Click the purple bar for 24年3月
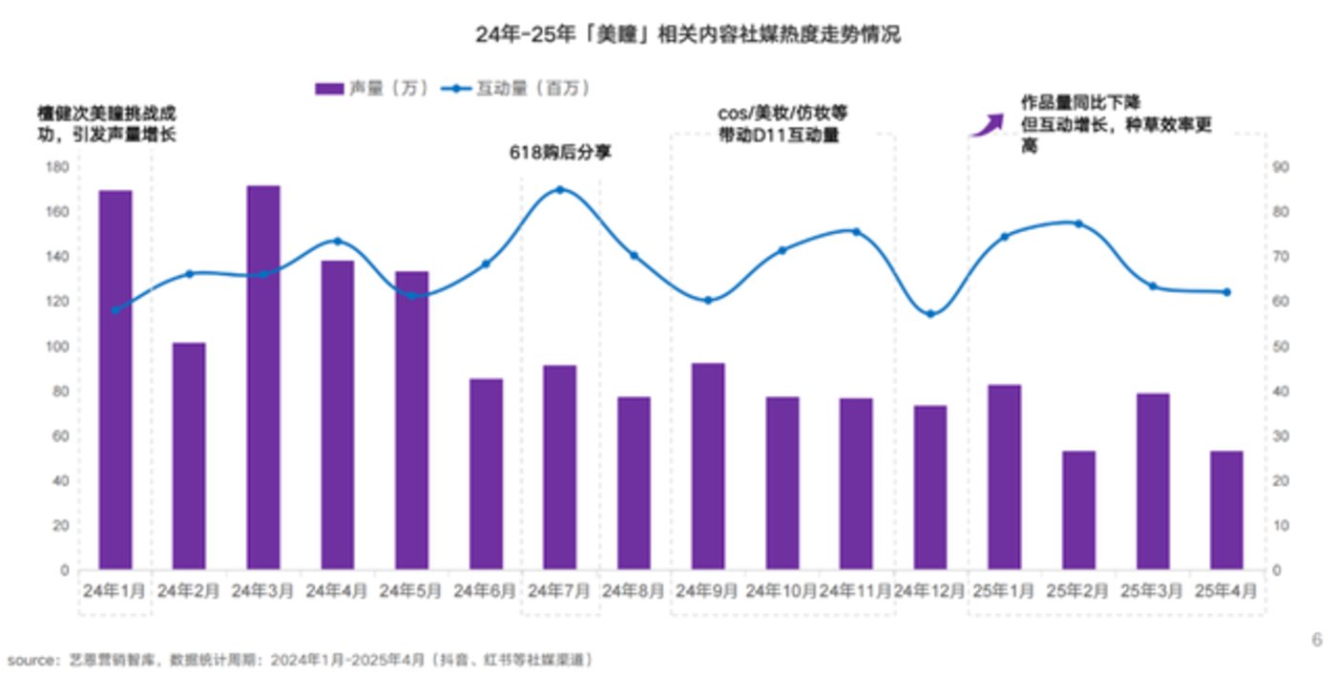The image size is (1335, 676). tap(263, 377)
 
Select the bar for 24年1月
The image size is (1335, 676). tap(115, 380)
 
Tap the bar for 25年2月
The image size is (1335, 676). tap(1078, 511)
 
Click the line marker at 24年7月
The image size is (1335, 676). tap(559, 189)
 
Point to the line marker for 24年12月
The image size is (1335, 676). tap(930, 314)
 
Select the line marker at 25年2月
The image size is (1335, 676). tap(1078, 223)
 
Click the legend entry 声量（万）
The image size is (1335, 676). tap(372, 88)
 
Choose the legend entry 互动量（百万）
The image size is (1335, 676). tap(516, 88)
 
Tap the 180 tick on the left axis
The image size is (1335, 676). tap(57, 167)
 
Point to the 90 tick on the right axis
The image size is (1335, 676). tap(1281, 167)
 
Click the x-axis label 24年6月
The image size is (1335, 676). tap(485, 591)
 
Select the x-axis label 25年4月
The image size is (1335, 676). tap(1225, 591)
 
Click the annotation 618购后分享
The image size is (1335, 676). tap(560, 153)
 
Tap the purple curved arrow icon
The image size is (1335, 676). tap(989, 124)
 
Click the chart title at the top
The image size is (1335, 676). tap(688, 35)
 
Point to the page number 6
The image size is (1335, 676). tap(1316, 639)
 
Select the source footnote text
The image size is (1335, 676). tap(301, 660)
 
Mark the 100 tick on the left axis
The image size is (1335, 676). tap(57, 347)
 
